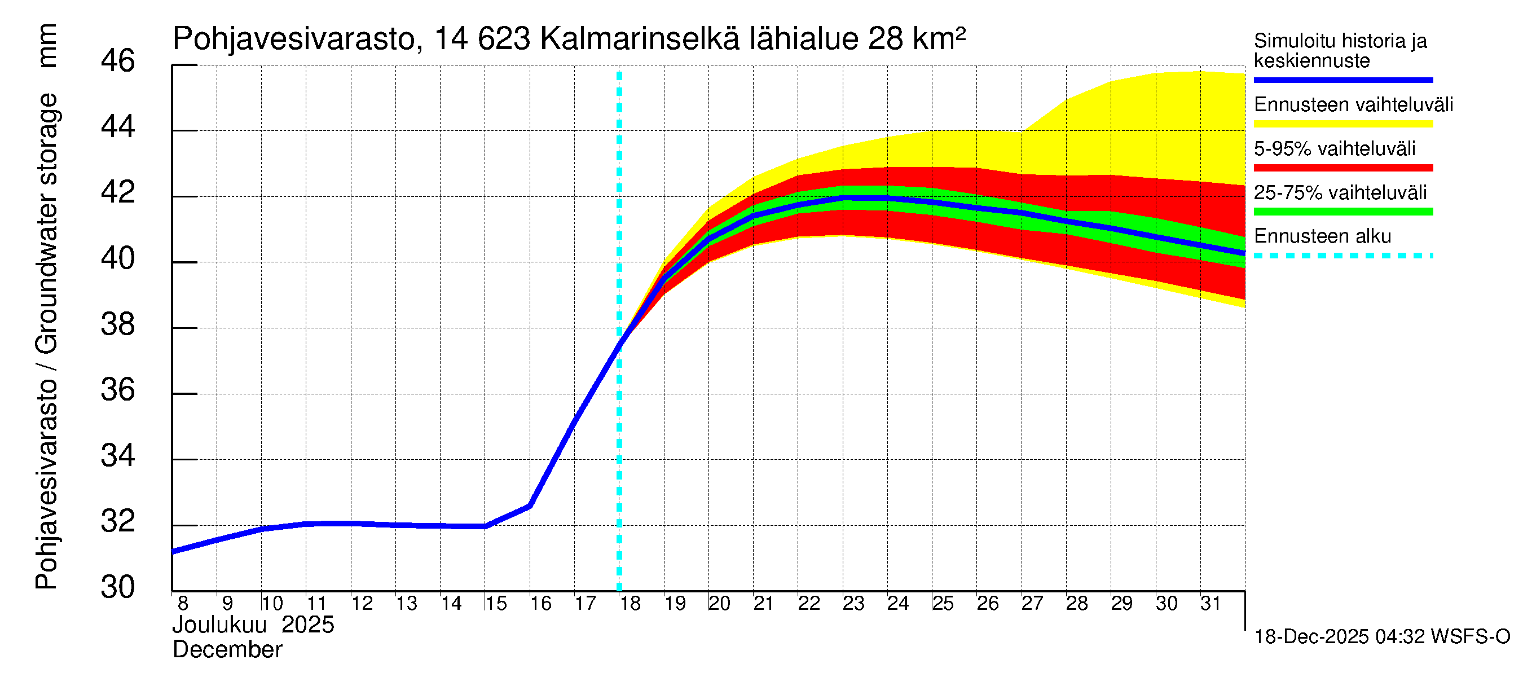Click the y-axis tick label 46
coord(118,61)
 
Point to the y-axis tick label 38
coord(118,324)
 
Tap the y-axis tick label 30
coord(118,587)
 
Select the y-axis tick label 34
coord(118,456)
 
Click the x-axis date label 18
coord(630,603)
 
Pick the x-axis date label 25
coord(943,603)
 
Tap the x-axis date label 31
coord(1211,603)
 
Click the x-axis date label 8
coord(183,603)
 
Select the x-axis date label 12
coord(362,603)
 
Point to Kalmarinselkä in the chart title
coord(640,39)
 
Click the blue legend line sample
coord(1342,80)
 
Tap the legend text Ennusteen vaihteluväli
coord(1353,105)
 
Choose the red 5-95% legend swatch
coord(1342,168)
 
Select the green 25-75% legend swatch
coord(1342,212)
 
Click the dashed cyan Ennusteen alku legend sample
coord(1342,256)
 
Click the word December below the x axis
coord(228,650)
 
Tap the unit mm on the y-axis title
coord(47,46)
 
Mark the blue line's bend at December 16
coord(530,505)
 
